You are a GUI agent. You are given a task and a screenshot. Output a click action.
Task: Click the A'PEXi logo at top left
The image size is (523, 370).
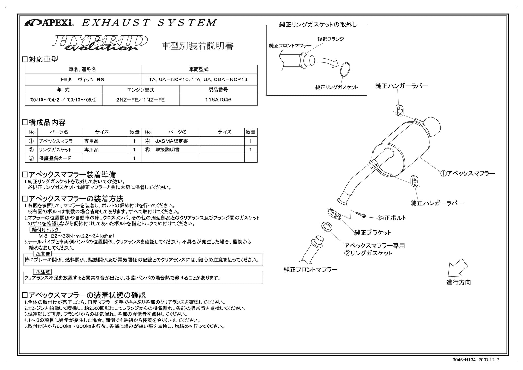point(49,23)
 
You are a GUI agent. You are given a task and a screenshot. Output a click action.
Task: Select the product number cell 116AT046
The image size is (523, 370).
point(218,100)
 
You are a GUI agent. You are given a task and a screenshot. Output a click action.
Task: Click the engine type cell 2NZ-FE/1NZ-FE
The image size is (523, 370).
point(141,100)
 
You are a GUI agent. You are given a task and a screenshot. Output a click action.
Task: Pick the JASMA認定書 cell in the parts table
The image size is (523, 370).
point(176,141)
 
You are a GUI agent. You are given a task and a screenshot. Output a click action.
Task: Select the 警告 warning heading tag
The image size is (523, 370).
point(42,254)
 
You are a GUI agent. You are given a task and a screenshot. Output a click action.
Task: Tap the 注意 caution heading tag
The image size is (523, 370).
point(42,272)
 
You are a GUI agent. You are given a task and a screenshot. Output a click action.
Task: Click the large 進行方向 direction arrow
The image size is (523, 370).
point(457,268)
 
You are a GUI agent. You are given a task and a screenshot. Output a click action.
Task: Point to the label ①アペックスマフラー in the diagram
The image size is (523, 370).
point(467,174)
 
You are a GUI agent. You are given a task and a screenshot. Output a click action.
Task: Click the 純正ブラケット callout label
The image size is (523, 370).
point(373,233)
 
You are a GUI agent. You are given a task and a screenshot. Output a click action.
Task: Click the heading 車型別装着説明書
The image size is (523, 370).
point(197,46)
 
